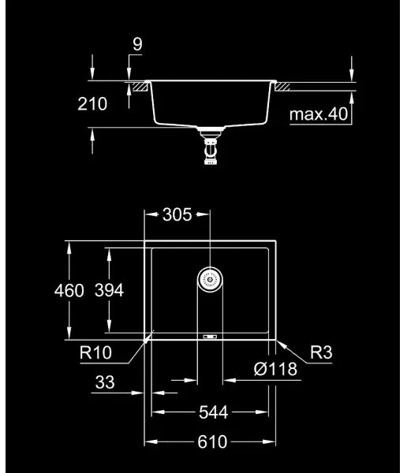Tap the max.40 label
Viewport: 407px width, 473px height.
tap(318, 115)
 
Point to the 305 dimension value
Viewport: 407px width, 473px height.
tap(177, 214)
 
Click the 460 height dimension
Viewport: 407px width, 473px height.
tap(69, 290)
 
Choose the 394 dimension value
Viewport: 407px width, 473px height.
tap(110, 290)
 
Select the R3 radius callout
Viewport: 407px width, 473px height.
tap(321, 354)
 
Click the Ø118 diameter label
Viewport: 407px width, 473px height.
tap(275, 368)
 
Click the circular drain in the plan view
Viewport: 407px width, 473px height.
tap(210, 278)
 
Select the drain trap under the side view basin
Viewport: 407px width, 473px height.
tap(211, 149)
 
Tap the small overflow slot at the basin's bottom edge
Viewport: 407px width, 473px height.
tap(211, 337)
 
